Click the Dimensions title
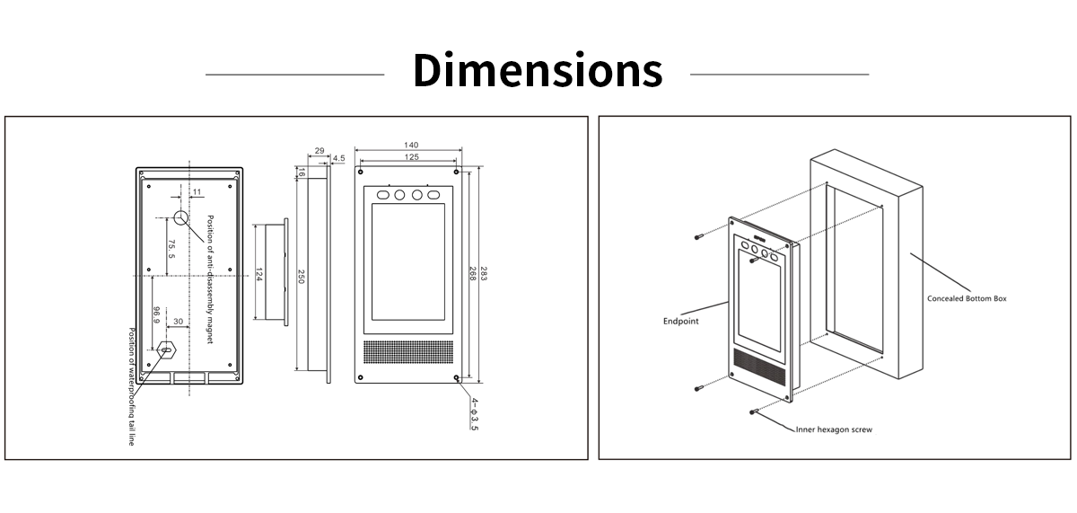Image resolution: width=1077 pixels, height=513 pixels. pyautogui.click(x=537, y=71)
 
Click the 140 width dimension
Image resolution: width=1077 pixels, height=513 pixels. pyautogui.click(x=411, y=145)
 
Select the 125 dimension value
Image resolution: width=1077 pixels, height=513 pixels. pyautogui.click(x=411, y=157)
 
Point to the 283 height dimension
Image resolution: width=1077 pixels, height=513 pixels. pyautogui.click(x=484, y=273)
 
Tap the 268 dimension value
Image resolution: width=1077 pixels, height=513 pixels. pyautogui.click(x=472, y=273)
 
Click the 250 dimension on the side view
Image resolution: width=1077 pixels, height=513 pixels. pyautogui.click(x=302, y=278)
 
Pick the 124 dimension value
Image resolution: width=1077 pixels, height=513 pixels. pyautogui.click(x=258, y=273)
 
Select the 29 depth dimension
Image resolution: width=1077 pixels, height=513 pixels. pyautogui.click(x=320, y=153)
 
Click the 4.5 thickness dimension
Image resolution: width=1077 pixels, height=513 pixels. pyautogui.click(x=338, y=158)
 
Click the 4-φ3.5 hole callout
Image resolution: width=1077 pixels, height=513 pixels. pyautogui.click(x=474, y=412)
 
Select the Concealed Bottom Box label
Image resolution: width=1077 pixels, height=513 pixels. pyautogui.click(x=967, y=298)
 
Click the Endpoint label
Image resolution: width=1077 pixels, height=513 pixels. pyautogui.click(x=680, y=320)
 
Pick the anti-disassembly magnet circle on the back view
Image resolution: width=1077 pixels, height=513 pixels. pyautogui.click(x=181, y=217)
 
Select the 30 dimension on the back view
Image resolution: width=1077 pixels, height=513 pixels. pyautogui.click(x=178, y=322)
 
